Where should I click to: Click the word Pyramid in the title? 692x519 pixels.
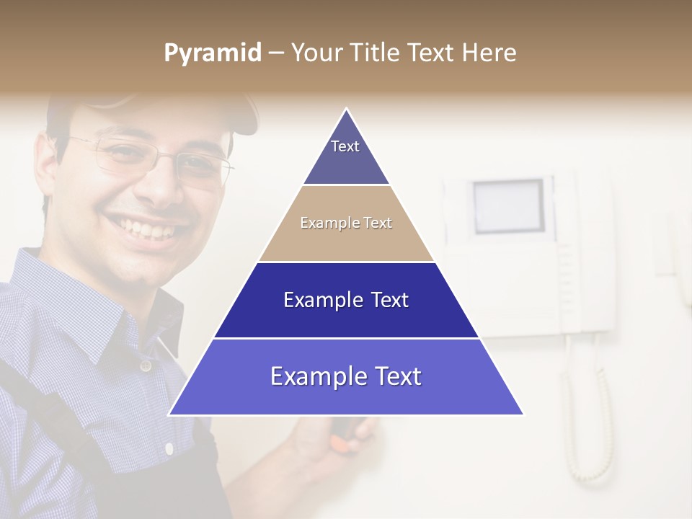click(212, 53)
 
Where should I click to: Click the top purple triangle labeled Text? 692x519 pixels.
click(346, 155)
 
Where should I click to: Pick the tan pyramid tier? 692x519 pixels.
click(346, 223)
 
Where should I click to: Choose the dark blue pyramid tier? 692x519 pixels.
click(346, 300)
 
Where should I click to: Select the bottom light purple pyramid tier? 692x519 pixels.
click(346, 376)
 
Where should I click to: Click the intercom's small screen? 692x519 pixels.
click(508, 206)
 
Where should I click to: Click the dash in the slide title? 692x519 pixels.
click(275, 53)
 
